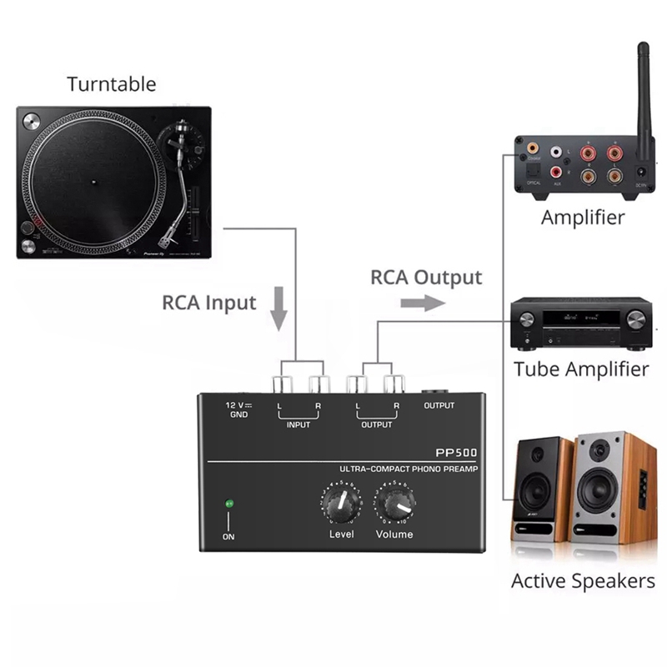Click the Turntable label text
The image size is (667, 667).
[111, 83]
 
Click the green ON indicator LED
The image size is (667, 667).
[228, 504]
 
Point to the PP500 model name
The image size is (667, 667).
[457, 453]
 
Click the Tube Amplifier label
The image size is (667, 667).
[581, 369]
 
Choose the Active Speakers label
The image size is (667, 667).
[583, 580]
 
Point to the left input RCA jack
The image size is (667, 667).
[281, 384]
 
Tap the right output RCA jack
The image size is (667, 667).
[392, 384]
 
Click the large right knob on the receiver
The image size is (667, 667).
[635, 320]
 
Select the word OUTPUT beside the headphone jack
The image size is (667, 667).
[439, 405]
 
